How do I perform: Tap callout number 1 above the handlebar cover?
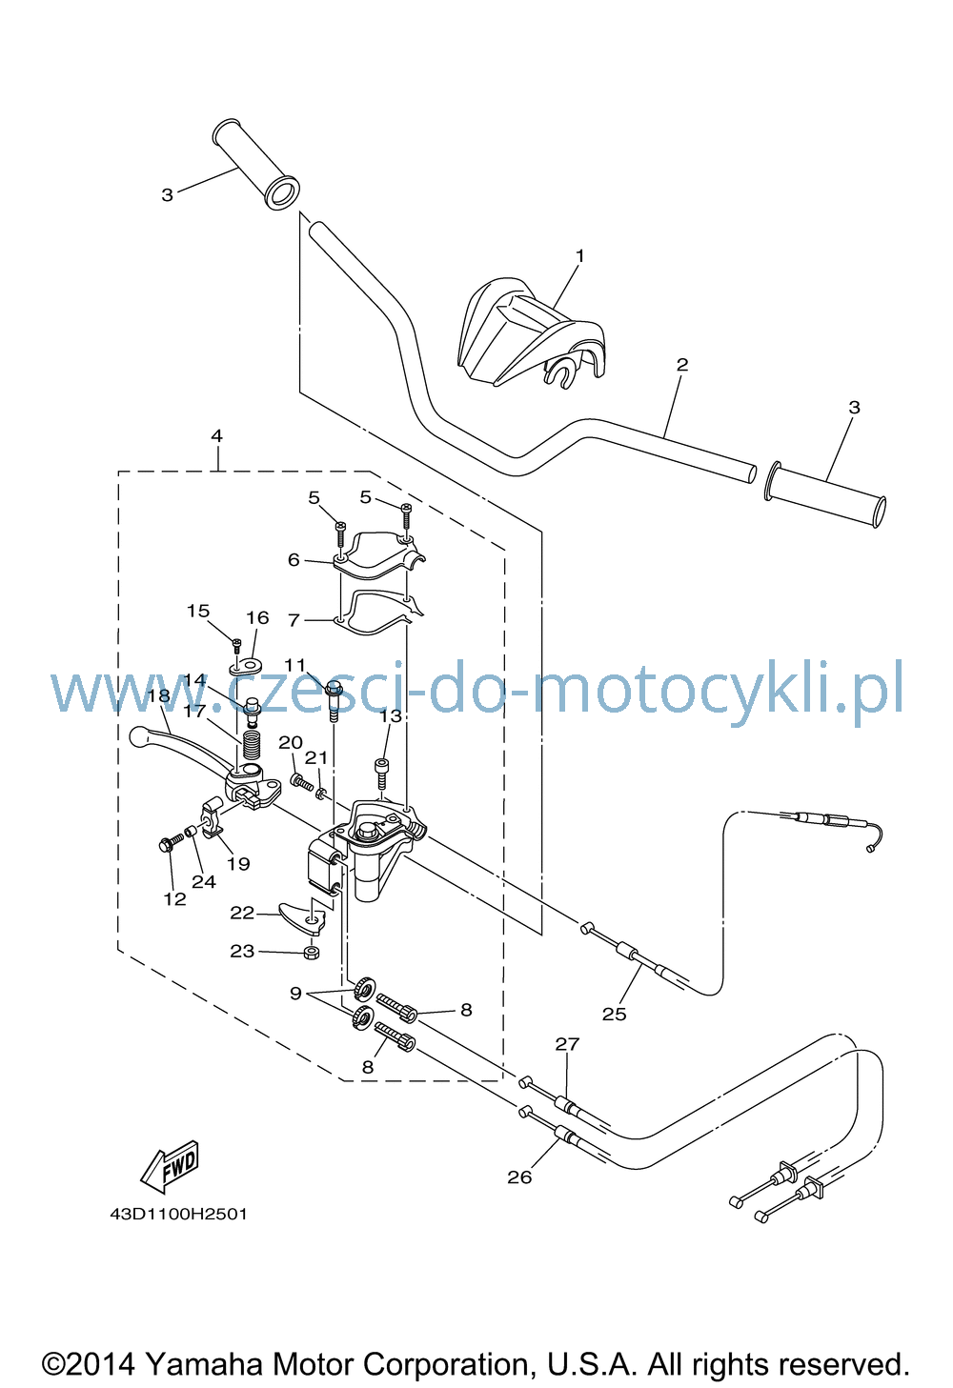579,255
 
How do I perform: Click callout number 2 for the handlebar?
682,364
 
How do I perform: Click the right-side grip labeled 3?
825,493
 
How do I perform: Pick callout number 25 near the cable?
614,1015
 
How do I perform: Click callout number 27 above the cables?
567,1044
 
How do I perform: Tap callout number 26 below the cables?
519,1177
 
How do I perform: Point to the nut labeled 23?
313,953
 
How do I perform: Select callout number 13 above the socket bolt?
391,716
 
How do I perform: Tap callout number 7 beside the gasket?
294,619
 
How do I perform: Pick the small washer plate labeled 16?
246,666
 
